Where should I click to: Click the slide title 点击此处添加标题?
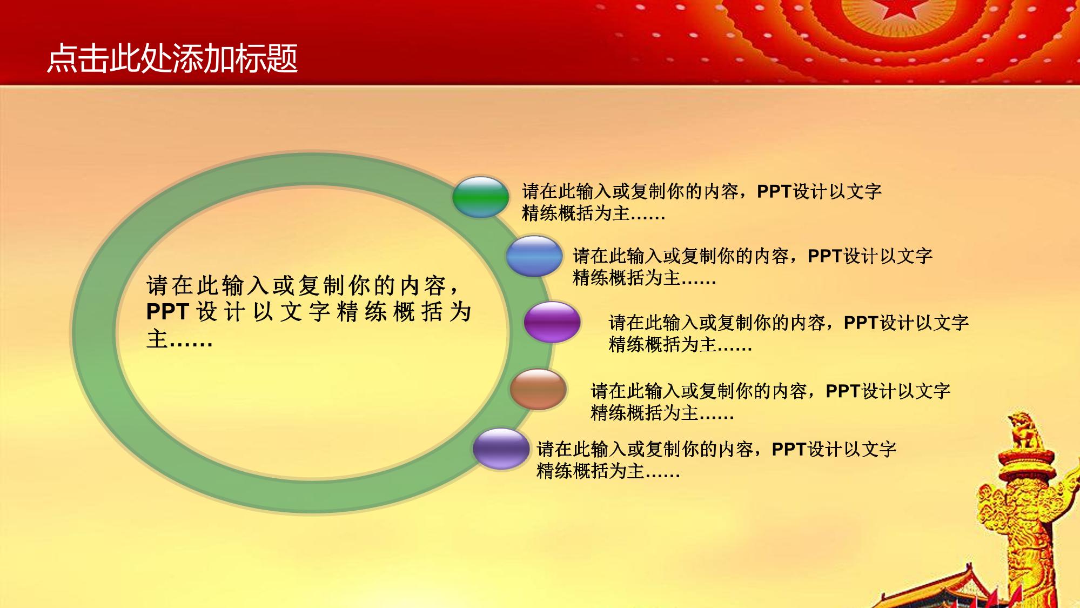(x=172, y=58)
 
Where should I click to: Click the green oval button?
(x=481, y=197)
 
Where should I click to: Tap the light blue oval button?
(x=534, y=256)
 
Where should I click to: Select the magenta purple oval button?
(x=552, y=322)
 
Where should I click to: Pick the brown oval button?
(x=538, y=389)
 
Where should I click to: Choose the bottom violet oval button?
(x=501, y=448)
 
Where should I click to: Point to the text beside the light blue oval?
(x=753, y=267)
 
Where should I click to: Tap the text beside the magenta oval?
(x=789, y=333)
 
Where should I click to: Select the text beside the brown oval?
(x=770, y=402)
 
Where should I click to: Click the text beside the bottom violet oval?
(x=716, y=460)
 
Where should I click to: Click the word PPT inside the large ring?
(x=167, y=312)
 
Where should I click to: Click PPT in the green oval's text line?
(x=774, y=191)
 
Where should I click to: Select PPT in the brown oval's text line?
(x=843, y=390)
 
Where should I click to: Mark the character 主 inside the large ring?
(x=157, y=339)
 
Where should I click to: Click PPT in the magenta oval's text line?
(x=861, y=322)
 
